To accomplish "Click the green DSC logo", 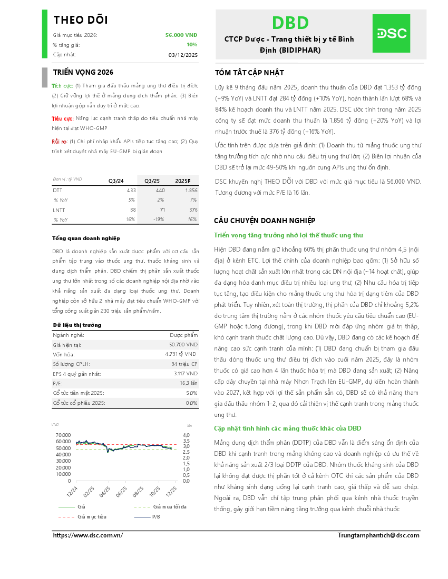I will tap(391, 34).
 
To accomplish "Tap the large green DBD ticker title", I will tap(290, 23).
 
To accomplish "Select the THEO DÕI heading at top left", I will tap(81, 20).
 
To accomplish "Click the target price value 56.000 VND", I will tap(181, 35).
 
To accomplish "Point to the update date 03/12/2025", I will tap(183, 55).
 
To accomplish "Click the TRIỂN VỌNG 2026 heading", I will tap(83, 72).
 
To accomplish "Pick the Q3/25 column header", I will tap(152, 181).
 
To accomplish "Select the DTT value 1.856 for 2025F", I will tap(191, 190).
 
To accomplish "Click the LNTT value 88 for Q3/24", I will tap(132, 210).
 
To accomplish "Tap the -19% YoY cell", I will tap(160, 219).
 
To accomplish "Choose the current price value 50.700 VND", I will tap(182, 344).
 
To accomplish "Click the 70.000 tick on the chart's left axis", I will tap(63, 435).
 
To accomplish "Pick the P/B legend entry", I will tap(156, 516).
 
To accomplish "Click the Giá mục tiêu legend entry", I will tap(92, 516).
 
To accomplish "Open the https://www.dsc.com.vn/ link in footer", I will tap(88, 535).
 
